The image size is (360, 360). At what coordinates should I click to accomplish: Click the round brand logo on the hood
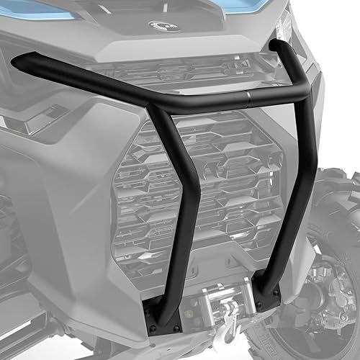pyautogui.click(x=164, y=27)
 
